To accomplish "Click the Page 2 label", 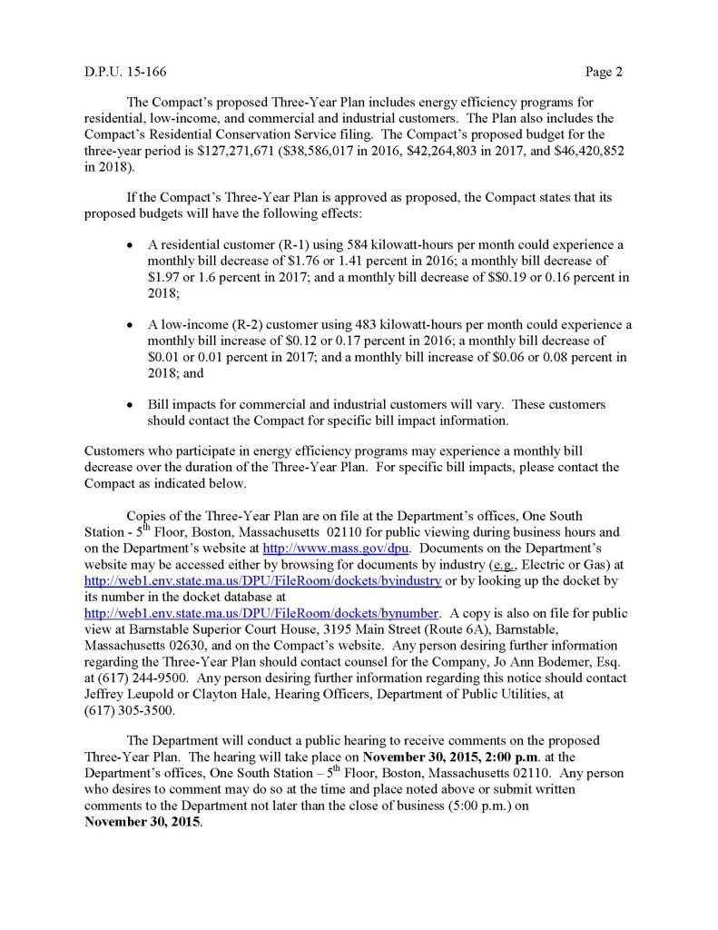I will [x=603, y=71].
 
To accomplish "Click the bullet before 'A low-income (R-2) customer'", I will [x=134, y=324].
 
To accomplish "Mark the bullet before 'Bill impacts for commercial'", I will [x=134, y=404].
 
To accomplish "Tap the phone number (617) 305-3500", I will [x=129, y=710].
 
